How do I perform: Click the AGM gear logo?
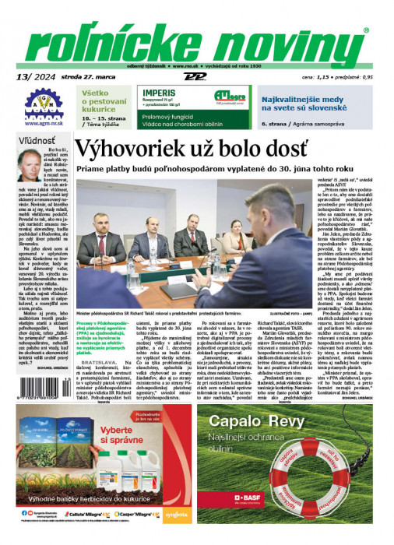point(38,104)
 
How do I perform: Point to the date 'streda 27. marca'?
point(74,77)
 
